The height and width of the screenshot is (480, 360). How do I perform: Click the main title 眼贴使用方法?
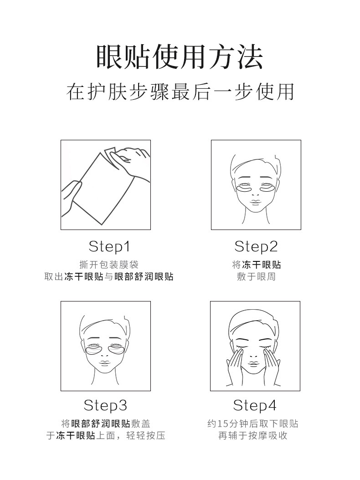click(x=180, y=57)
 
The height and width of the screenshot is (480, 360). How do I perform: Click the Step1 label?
click(x=109, y=247)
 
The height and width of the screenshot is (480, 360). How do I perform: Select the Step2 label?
click(x=256, y=247)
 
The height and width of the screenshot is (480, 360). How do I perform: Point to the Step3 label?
click(x=105, y=405)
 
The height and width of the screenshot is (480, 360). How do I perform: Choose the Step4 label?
click(x=255, y=405)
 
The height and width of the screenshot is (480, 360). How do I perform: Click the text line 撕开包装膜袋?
click(x=109, y=265)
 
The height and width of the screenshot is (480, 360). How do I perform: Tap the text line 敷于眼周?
click(x=256, y=276)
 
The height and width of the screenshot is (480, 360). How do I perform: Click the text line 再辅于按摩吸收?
click(x=253, y=436)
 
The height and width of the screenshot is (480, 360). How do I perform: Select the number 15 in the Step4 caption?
click(x=222, y=424)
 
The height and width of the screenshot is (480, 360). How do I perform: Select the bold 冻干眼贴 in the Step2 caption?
click(x=261, y=265)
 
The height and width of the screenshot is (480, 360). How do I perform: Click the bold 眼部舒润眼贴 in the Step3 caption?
click(x=101, y=424)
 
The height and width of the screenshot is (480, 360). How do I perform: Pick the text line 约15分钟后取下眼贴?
click(x=253, y=424)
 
